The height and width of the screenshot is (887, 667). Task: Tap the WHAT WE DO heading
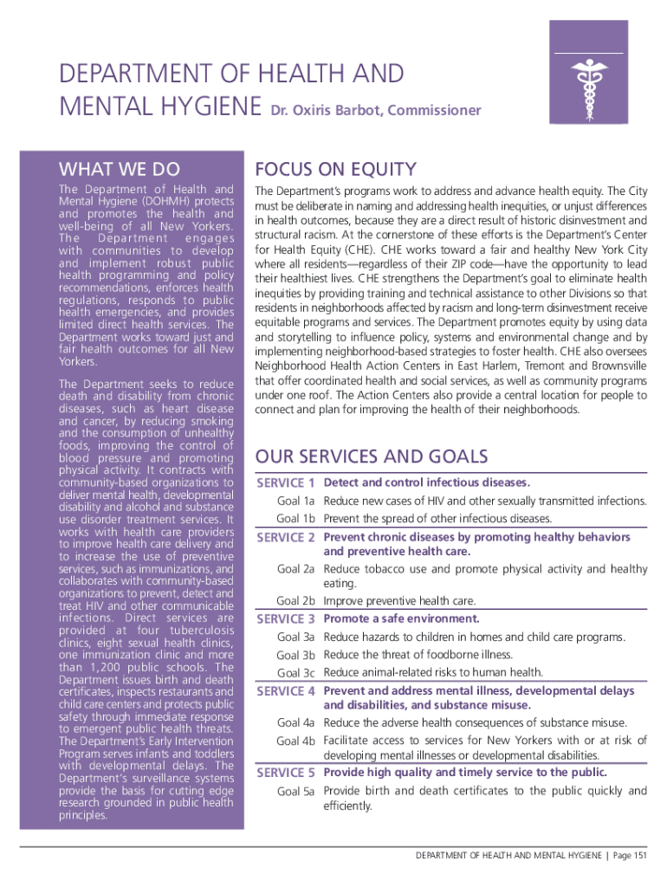[x=119, y=169]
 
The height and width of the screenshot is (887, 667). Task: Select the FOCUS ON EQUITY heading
[x=334, y=169]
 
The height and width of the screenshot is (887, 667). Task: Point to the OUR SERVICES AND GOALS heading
[x=372, y=456]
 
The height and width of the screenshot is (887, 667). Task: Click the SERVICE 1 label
[x=286, y=482]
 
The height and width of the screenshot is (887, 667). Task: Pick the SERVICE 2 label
[x=286, y=538]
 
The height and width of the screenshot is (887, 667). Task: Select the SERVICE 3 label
[x=286, y=619]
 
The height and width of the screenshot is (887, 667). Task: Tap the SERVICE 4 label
[x=286, y=691]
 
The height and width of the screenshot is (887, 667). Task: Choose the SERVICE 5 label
[x=286, y=773]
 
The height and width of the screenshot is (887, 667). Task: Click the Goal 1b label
[x=295, y=519]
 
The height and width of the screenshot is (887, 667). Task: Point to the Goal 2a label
[x=295, y=569]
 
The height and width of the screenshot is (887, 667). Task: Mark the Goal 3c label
[x=295, y=673]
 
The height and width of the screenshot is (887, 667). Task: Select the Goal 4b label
[x=295, y=741]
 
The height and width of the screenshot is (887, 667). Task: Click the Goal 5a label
[x=295, y=791]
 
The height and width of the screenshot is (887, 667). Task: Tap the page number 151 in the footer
[x=639, y=856]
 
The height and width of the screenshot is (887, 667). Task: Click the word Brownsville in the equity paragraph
[x=616, y=365]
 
